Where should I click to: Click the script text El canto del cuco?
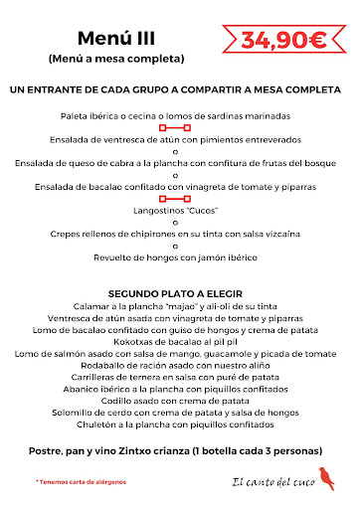[x=267, y=482]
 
